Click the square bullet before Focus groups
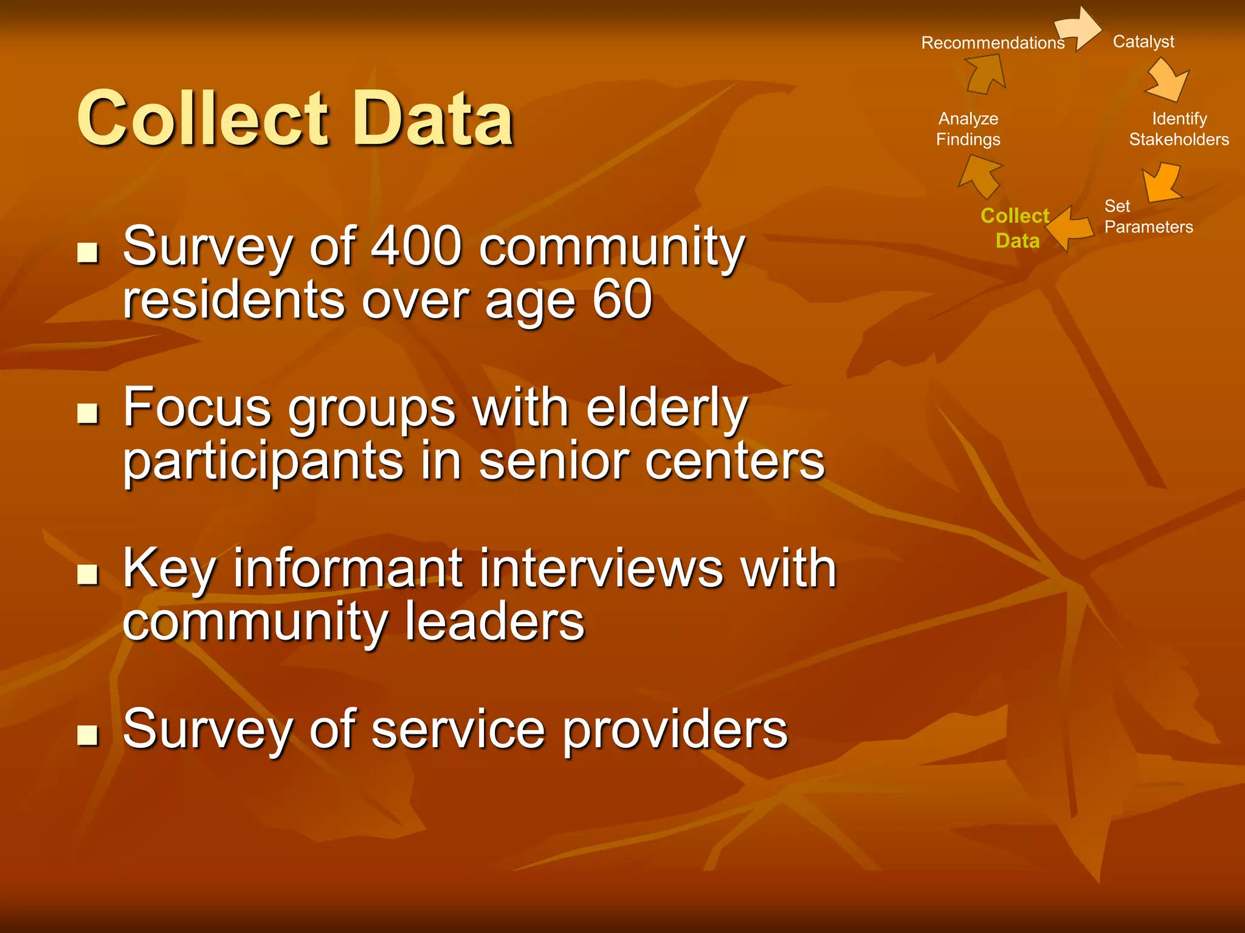(88, 413)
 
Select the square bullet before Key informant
(88, 573)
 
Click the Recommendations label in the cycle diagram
(993, 43)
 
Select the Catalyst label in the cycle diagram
(1143, 41)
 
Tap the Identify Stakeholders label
(1178, 129)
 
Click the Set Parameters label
(1148, 216)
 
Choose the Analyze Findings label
(968, 129)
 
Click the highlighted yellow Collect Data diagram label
(1016, 228)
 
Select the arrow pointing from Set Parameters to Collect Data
(1069, 228)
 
